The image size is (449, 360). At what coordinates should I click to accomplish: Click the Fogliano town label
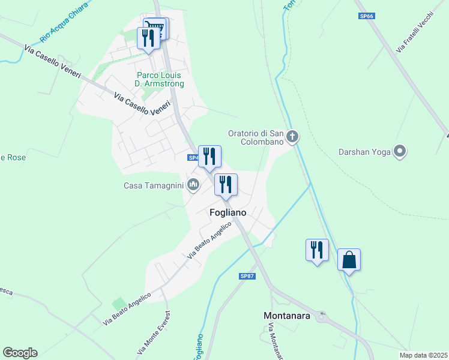(228, 212)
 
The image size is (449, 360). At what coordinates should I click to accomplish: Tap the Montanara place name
(287, 315)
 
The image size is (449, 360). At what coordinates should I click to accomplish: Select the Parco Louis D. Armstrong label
(160, 80)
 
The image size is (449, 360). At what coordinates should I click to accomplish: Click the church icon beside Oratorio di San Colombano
(292, 137)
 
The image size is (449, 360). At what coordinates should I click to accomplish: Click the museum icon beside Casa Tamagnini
(193, 184)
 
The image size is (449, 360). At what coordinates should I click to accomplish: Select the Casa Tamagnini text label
(153, 185)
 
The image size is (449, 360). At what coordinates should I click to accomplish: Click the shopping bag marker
(349, 260)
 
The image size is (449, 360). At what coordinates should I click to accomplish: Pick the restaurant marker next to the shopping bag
(317, 250)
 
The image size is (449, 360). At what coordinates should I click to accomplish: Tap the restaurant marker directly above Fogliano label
(226, 184)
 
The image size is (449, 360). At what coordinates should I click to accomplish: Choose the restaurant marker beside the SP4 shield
(209, 157)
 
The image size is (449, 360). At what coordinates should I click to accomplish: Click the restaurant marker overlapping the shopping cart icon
(147, 38)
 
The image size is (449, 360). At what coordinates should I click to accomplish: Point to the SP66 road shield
(367, 16)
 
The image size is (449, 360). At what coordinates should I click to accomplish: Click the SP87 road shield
(247, 276)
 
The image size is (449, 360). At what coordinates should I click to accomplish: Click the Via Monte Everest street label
(155, 332)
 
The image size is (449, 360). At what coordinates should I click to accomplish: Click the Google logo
(20, 353)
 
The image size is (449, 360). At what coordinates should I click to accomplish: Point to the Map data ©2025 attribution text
(423, 355)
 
